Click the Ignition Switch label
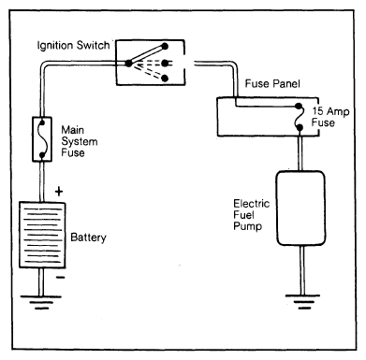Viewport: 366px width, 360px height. pyautogui.click(x=73, y=46)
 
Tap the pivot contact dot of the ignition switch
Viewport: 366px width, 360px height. pyautogui.click(x=128, y=64)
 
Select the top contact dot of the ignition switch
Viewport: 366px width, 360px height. pyautogui.click(x=165, y=47)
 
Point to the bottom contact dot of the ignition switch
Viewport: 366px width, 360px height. pyautogui.click(x=165, y=78)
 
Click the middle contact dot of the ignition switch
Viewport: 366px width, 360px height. pyautogui.click(x=165, y=64)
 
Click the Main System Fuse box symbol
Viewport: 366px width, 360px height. pyautogui.click(x=42, y=139)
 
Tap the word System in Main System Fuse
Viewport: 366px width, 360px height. pyautogui.click(x=80, y=141)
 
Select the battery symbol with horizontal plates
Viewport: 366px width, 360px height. pyautogui.click(x=42, y=235)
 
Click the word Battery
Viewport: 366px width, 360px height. pyautogui.click(x=88, y=238)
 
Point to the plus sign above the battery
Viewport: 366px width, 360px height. pyautogui.click(x=59, y=192)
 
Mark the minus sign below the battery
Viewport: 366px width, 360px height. pyautogui.click(x=61, y=277)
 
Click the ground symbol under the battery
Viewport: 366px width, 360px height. pyautogui.click(x=41, y=302)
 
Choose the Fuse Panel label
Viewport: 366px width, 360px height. pyautogui.click(x=272, y=83)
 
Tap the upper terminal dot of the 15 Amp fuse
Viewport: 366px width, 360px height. pyautogui.click(x=299, y=106)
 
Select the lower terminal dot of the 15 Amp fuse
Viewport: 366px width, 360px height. pyautogui.click(x=300, y=127)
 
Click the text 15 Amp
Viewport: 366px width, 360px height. pyautogui.click(x=330, y=111)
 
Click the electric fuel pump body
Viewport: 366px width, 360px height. pyautogui.click(x=300, y=208)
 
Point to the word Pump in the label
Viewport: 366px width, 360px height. pyautogui.click(x=247, y=226)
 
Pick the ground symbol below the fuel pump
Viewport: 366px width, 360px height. pyautogui.click(x=302, y=301)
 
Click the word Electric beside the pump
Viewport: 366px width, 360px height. pyautogui.click(x=252, y=204)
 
